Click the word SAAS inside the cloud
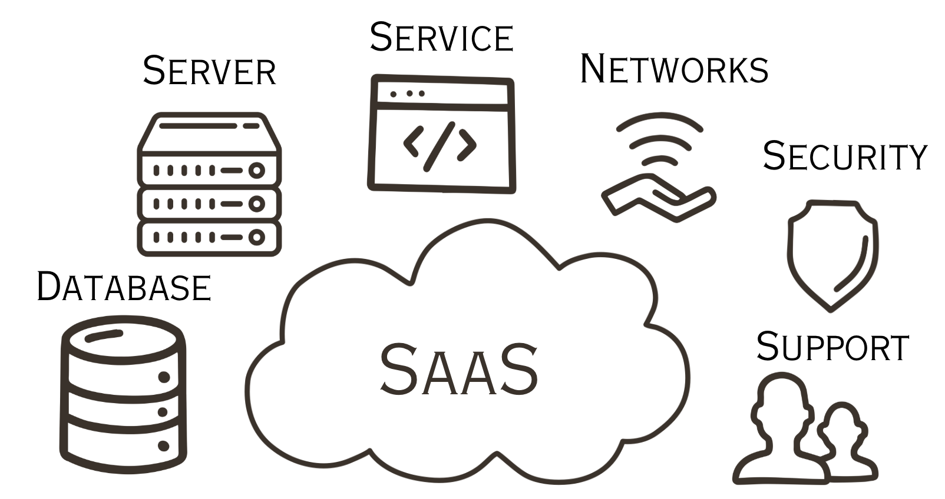coord(458,370)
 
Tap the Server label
coord(209,71)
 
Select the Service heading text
coord(441,38)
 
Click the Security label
coord(844,157)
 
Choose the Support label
coord(832,347)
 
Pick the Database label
coord(124,287)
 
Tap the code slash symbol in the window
coord(440,146)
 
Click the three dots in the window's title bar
coord(407,94)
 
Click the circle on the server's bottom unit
coord(256,237)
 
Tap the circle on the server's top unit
coord(256,171)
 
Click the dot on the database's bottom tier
coord(164,446)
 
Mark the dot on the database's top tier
coord(164,377)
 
